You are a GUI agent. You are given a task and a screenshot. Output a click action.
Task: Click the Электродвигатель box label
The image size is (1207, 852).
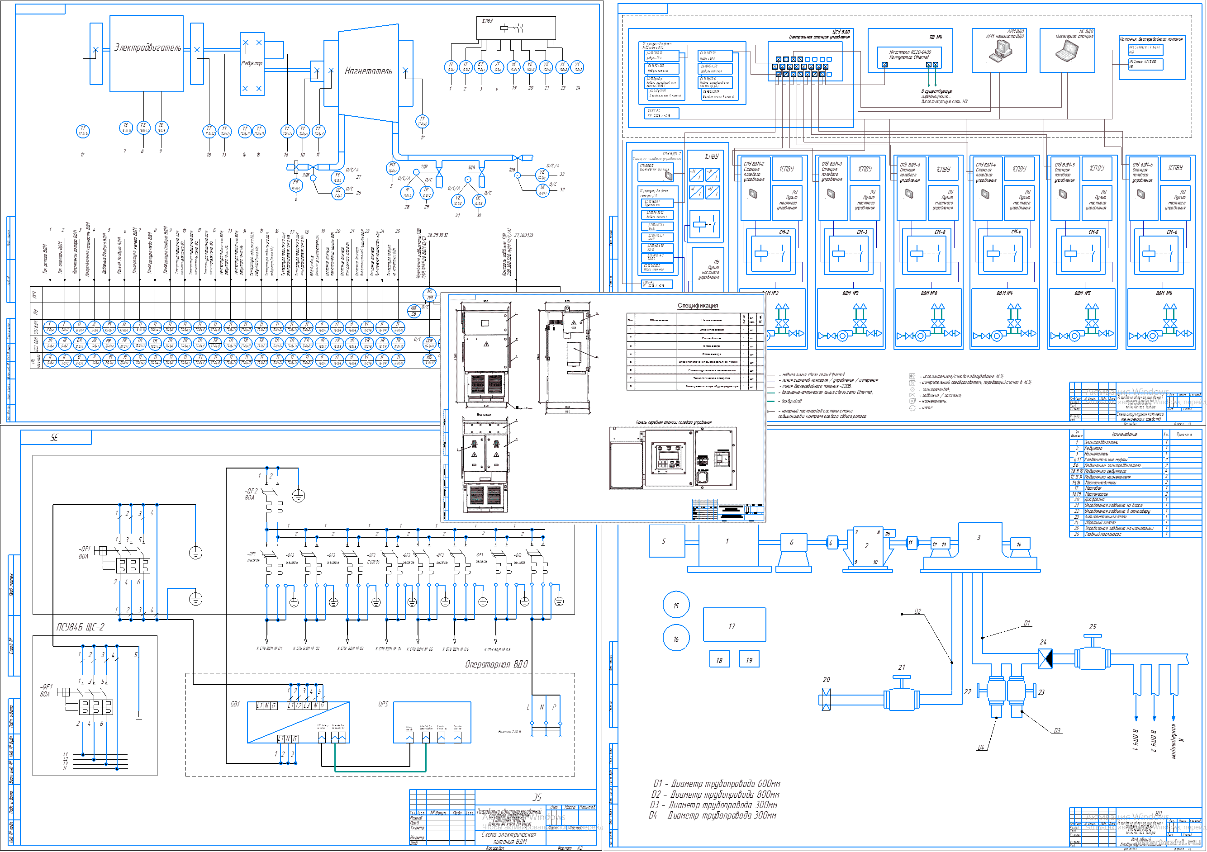[x=148, y=48]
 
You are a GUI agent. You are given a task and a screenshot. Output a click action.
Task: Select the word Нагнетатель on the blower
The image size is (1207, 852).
[x=368, y=71]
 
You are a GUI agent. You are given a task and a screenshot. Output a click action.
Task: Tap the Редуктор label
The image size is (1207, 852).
[x=251, y=63]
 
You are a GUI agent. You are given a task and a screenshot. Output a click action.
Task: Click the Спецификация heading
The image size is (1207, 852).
[x=698, y=305]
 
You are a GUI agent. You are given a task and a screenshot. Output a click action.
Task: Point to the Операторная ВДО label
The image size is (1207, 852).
[x=496, y=664]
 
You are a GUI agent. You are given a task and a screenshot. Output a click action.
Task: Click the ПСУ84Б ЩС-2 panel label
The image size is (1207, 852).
[x=81, y=627]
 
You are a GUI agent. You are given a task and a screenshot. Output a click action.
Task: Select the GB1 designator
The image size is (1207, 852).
[x=235, y=704]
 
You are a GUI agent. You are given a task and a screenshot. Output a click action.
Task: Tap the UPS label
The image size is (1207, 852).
[x=383, y=704]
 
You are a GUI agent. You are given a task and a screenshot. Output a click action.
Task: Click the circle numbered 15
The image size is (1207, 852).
[x=676, y=606]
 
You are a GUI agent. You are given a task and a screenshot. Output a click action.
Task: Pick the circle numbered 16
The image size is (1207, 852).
[x=676, y=639]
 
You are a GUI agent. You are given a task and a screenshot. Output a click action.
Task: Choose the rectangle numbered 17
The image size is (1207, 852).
[x=734, y=625]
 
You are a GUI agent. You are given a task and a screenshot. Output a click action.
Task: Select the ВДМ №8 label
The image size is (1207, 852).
[x=929, y=293]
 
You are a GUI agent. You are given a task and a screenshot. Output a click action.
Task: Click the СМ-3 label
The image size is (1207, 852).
[x=862, y=232]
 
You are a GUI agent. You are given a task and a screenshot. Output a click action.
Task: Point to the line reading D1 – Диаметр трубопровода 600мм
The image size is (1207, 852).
[x=717, y=784]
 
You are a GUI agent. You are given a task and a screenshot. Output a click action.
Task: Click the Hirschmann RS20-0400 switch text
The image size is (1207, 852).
[x=910, y=55]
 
